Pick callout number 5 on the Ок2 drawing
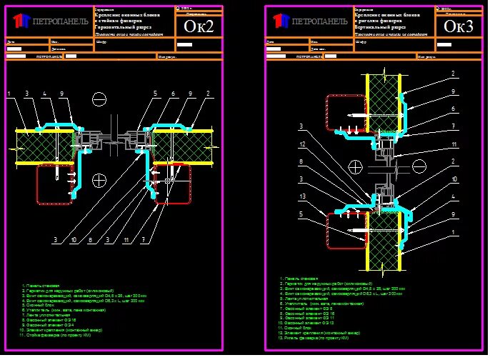coord(154,94)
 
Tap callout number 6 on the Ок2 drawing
coord(172,94)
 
